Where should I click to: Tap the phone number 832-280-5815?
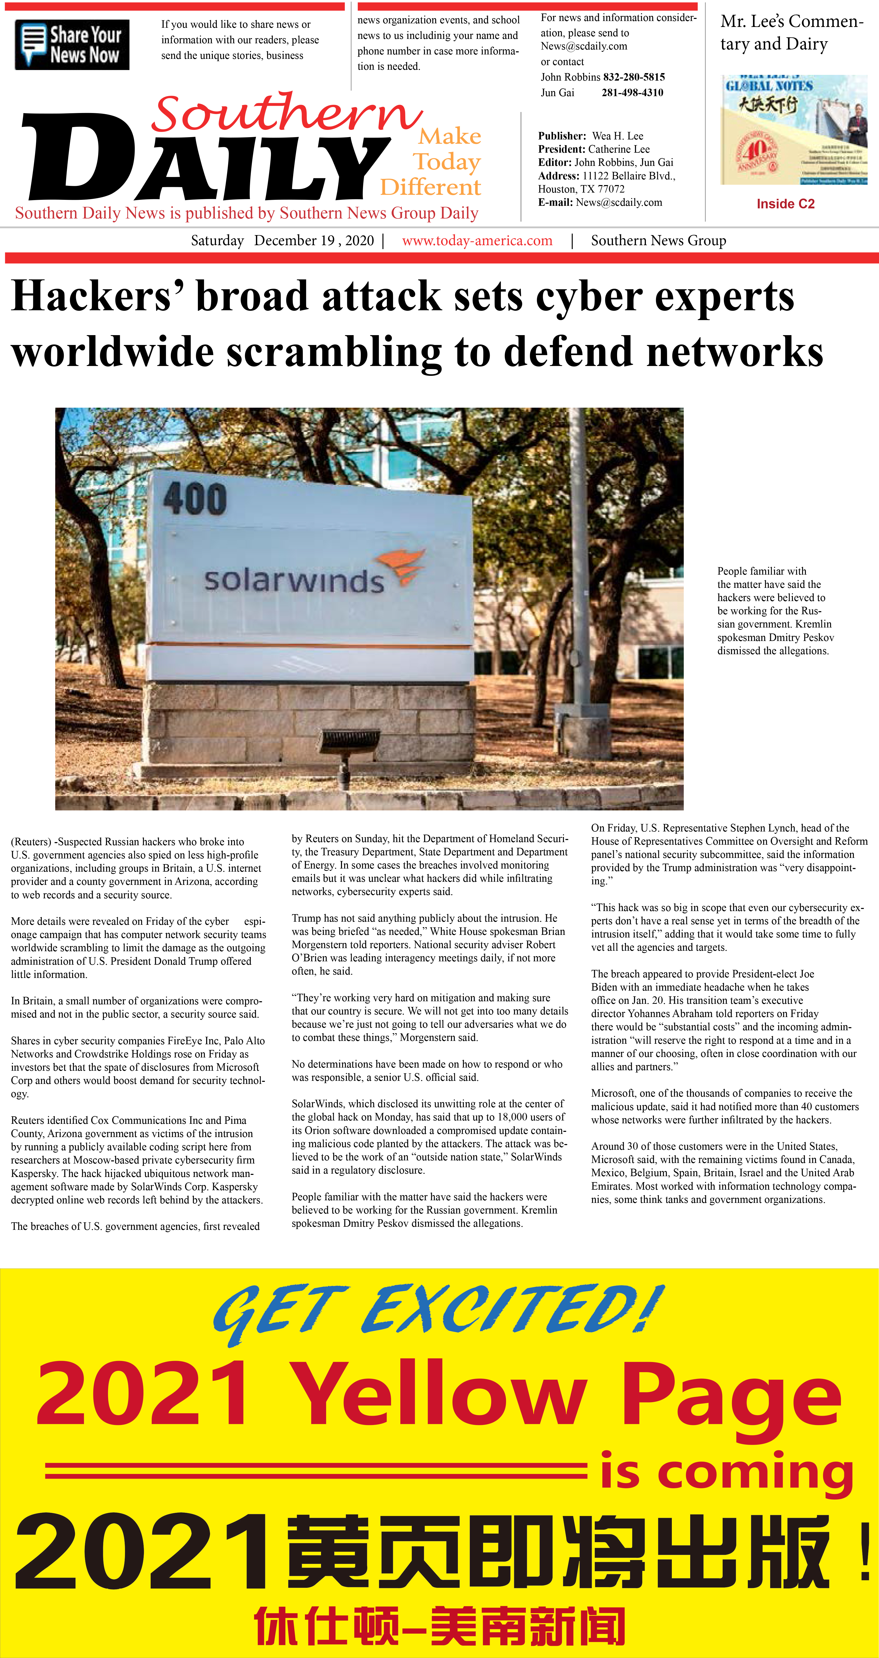point(634,77)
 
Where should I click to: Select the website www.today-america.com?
point(477,241)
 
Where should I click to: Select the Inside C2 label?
point(785,204)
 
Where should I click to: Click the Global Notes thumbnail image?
point(793,130)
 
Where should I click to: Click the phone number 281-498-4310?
point(632,93)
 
